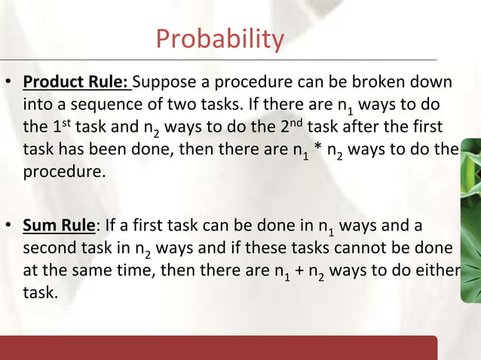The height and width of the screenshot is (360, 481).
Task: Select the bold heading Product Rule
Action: pos(76,81)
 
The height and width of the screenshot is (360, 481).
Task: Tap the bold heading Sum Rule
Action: pos(60,225)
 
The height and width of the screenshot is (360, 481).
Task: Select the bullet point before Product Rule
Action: pos(11,82)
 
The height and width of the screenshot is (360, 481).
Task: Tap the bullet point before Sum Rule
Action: pos(11,226)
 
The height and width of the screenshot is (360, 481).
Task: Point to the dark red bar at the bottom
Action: pos(219,348)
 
